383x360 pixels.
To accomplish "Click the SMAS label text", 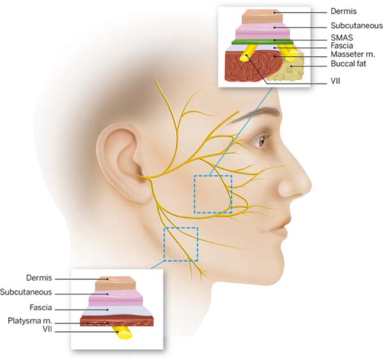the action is pyautogui.click(x=342, y=38).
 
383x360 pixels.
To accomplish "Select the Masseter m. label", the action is pyautogui.click(x=353, y=54).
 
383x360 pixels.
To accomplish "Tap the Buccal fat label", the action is pyautogui.click(x=349, y=64).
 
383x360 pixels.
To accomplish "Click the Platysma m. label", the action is pyautogui.click(x=30, y=320).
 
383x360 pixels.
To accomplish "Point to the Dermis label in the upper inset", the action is pyautogui.click(x=343, y=11).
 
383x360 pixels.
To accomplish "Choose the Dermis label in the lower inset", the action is pyautogui.click(x=39, y=278).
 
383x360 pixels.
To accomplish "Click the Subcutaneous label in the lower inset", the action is pyautogui.click(x=26, y=292).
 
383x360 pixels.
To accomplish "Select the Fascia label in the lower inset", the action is pyautogui.click(x=41, y=307).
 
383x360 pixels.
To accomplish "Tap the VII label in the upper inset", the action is pyautogui.click(x=335, y=81).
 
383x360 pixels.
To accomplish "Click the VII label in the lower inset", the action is pyautogui.click(x=47, y=329).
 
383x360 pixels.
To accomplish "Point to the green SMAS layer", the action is pyautogui.click(x=262, y=41).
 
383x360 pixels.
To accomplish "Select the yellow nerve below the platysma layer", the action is pyautogui.click(x=123, y=333).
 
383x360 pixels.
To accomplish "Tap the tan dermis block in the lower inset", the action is pyautogui.click(x=116, y=283).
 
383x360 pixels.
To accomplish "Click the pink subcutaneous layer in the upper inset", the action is pyautogui.click(x=262, y=31).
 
